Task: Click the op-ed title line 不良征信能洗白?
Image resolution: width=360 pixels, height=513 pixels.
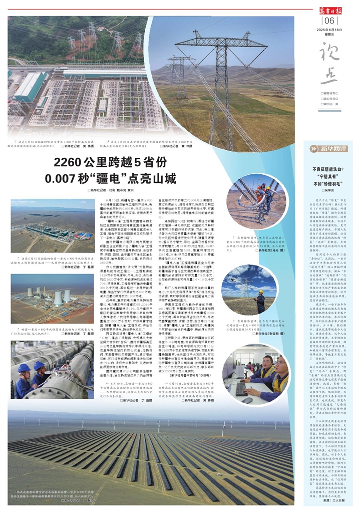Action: pyautogui.click(x=330, y=170)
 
